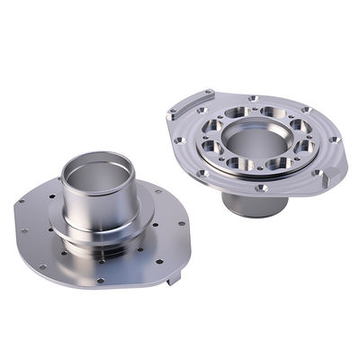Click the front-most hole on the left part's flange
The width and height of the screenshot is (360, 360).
[100, 280]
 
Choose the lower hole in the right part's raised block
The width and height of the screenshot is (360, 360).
[172, 115]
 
